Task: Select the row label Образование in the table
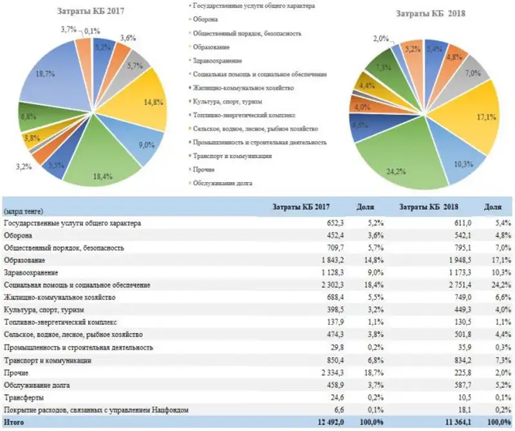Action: tap(24, 260)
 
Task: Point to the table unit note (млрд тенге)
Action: tap(23, 211)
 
